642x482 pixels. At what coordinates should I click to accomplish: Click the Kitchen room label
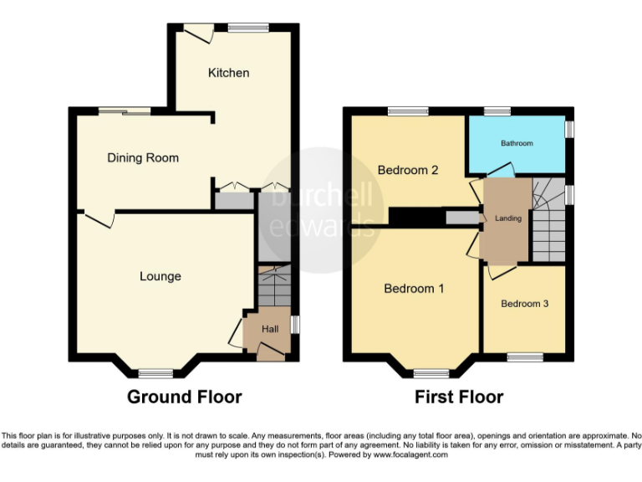[228, 73]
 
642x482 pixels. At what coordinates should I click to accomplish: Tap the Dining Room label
[143, 157]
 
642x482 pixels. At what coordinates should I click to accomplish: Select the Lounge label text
[160, 276]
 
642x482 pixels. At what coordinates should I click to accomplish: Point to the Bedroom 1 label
[414, 289]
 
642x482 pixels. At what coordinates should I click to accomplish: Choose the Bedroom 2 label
[408, 170]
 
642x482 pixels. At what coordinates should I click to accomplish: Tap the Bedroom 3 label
[524, 304]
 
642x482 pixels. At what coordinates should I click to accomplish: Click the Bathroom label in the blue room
[517, 143]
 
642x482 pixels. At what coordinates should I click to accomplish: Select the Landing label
[507, 218]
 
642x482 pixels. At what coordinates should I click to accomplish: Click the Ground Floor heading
[184, 397]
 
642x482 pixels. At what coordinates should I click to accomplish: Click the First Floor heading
[459, 397]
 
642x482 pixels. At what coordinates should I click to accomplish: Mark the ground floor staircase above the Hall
[273, 289]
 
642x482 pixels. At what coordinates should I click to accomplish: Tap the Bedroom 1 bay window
[431, 373]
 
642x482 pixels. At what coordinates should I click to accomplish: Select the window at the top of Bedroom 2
[407, 110]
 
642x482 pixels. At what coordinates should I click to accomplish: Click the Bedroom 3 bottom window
[525, 358]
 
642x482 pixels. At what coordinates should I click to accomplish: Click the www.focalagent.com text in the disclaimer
[410, 455]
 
